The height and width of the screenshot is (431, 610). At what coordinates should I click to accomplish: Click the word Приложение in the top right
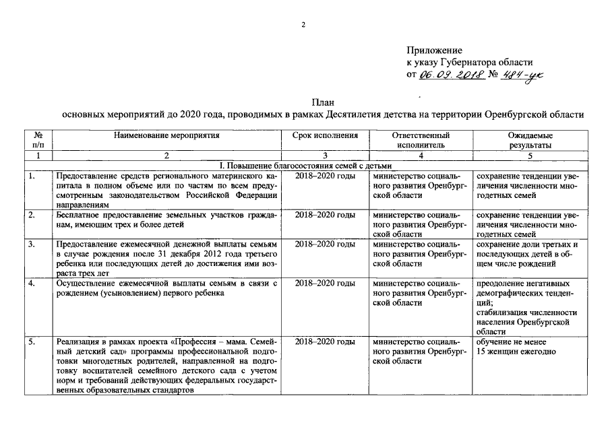[x=434, y=51]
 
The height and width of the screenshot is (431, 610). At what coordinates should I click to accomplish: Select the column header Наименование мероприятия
[x=167, y=135]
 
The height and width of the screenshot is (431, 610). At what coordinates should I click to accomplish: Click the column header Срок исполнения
[x=325, y=135]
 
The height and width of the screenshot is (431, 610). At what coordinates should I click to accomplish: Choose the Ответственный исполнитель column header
[x=421, y=140]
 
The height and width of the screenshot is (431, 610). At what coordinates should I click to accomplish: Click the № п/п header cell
[x=38, y=140]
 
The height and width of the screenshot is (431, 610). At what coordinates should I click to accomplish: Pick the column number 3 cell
[x=325, y=156]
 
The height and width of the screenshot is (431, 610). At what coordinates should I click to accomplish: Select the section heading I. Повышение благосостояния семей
[x=305, y=166]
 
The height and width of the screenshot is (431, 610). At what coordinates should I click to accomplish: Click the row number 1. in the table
[x=32, y=176]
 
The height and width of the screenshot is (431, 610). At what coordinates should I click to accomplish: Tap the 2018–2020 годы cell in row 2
[x=325, y=215]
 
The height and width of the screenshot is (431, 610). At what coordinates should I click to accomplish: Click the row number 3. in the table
[x=32, y=244]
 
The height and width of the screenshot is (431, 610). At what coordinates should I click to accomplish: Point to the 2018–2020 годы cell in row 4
[x=325, y=284]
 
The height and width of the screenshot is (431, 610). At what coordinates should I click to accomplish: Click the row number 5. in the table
[x=32, y=342]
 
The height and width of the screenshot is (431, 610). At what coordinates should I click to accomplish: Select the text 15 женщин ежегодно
[x=516, y=352]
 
